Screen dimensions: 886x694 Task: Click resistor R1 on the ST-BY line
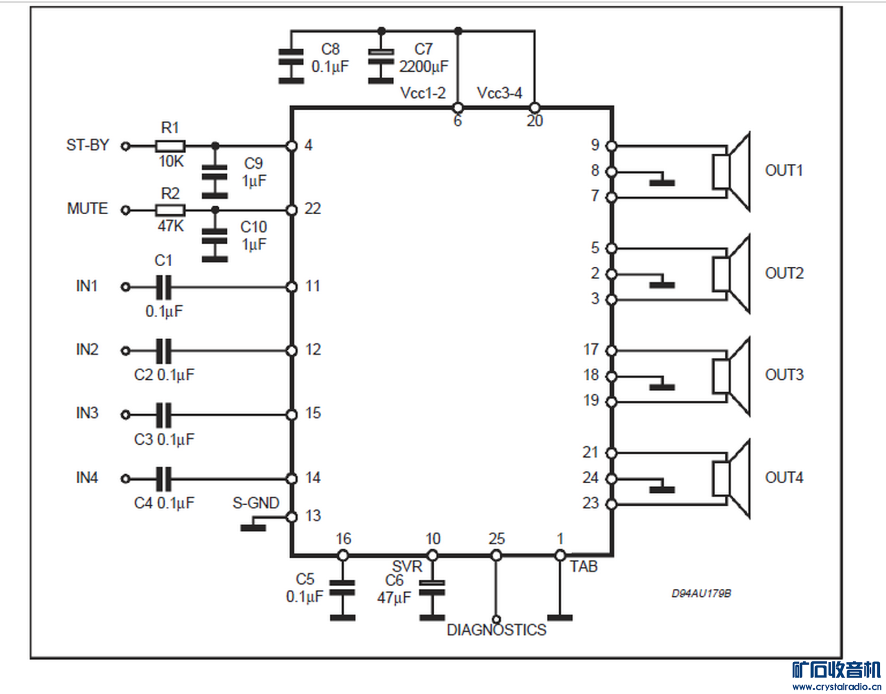170,146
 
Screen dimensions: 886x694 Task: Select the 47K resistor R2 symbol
170,210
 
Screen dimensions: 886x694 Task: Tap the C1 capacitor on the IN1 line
163,287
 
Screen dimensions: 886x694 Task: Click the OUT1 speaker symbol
731,172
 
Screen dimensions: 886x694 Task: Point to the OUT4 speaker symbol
731,479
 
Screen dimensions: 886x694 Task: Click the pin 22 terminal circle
292,210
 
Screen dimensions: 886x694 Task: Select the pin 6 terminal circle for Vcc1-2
458,107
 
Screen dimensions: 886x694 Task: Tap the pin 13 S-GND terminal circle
292,517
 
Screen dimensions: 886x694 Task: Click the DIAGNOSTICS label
496,630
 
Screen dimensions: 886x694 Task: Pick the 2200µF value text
423,67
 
